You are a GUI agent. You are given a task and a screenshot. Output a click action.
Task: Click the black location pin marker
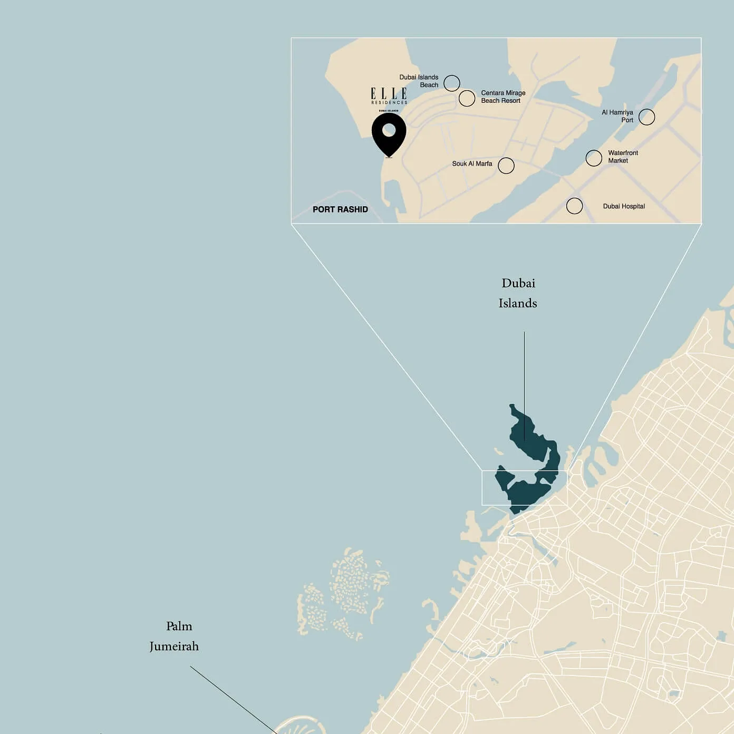389,133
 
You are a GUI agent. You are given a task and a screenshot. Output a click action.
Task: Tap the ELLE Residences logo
389,95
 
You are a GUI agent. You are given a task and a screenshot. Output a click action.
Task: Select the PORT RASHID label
340,209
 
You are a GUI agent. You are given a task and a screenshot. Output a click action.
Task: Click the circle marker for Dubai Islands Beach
452,83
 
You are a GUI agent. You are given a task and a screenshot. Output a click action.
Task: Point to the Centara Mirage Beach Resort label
503,96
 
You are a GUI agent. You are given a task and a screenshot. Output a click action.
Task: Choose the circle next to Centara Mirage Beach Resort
467,98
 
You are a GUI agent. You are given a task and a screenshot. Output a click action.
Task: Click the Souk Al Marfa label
472,163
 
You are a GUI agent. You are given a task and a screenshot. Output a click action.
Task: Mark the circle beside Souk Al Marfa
506,166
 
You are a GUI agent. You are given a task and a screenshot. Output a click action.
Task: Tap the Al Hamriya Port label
617,116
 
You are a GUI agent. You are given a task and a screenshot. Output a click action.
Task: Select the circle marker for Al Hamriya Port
647,117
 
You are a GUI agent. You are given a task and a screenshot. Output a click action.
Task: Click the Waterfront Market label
623,157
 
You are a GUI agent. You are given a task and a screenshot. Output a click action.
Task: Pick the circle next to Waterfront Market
594,158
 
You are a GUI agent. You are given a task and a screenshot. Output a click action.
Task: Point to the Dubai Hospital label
624,206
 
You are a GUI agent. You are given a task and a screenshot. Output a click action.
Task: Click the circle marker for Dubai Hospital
575,206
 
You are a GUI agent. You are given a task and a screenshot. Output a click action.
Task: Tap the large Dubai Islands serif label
518,293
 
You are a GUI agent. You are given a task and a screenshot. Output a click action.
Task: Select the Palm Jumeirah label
175,636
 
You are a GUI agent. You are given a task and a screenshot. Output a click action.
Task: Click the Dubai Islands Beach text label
419,81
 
